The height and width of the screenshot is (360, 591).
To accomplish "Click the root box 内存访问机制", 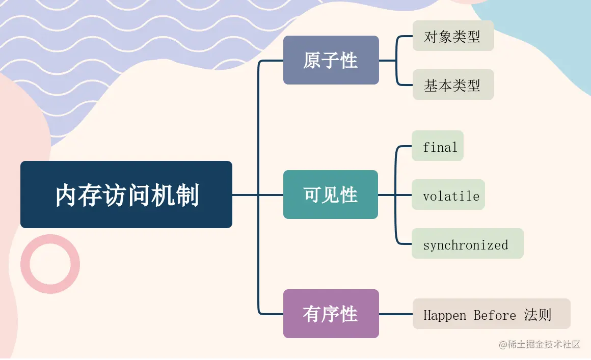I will click(x=126, y=195).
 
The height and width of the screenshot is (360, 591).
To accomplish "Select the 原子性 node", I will click(x=331, y=60).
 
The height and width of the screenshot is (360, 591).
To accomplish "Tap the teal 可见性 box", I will click(x=331, y=195).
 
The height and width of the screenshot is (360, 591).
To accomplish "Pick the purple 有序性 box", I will click(x=331, y=314).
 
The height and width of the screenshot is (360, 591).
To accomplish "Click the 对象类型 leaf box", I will click(x=452, y=36).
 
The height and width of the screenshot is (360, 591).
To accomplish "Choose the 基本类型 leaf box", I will click(x=452, y=85).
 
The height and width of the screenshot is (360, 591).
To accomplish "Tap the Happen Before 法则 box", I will click(x=491, y=314).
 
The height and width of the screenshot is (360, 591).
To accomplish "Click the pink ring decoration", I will click(x=50, y=264).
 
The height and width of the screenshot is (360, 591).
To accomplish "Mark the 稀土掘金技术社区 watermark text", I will click(x=540, y=345).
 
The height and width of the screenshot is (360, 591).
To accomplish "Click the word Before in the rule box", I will click(x=495, y=315).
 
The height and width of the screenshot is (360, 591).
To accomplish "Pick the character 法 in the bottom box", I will click(x=530, y=314).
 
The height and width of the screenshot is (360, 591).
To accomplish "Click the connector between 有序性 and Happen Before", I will click(x=396, y=314).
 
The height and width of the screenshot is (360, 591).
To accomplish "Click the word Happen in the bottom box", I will click(x=444, y=315).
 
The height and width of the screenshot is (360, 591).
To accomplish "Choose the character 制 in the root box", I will click(x=186, y=196).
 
